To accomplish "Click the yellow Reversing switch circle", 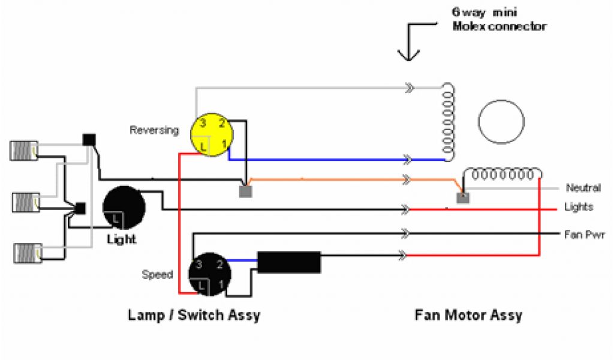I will pyautogui.click(x=210, y=136).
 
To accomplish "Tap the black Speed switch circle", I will pyautogui.click(x=207, y=275).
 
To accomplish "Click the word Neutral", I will pyautogui.click(x=583, y=188).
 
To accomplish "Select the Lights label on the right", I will pyautogui.click(x=579, y=207).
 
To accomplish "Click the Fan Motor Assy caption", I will pyautogui.click(x=468, y=315).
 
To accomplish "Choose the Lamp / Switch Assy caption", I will pyautogui.click(x=194, y=315).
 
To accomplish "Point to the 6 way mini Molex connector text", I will pyautogui.click(x=499, y=19).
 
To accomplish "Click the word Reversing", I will pyautogui.click(x=154, y=130).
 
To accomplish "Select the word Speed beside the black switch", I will pyautogui.click(x=157, y=275).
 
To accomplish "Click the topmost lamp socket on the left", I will pyautogui.click(x=24, y=150).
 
